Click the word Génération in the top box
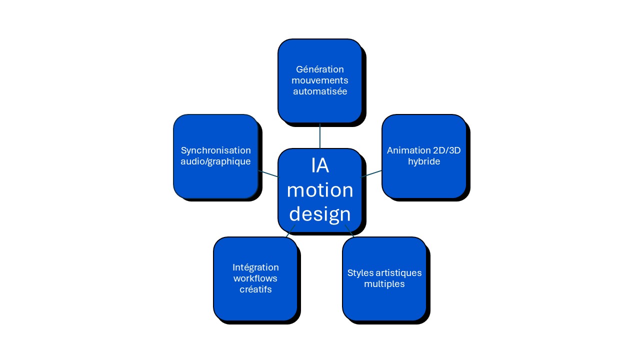point(320,69)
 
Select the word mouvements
point(320,80)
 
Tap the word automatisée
point(320,91)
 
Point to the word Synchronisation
point(215,150)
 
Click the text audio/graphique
point(215,161)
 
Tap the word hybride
point(424,161)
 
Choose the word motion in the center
point(320,190)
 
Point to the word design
point(320,213)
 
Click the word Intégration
point(255,267)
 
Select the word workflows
point(255,278)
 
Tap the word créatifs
point(255,289)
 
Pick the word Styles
point(359,273)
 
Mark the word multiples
point(384,284)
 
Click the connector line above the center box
point(320,135)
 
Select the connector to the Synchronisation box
point(268,173)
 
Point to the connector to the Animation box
point(371,173)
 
